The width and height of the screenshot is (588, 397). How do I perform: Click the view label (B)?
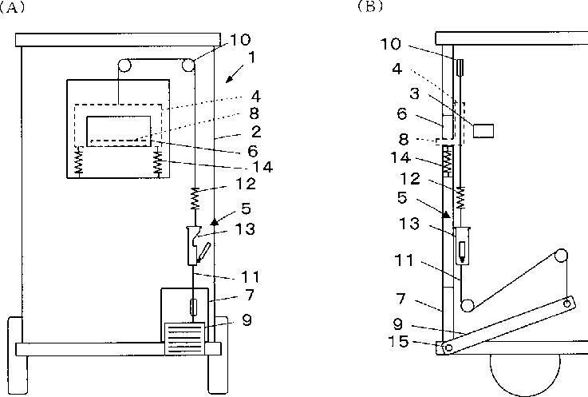point(369,6)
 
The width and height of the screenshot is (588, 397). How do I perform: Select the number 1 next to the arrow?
point(252,58)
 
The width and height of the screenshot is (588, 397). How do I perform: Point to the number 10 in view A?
point(239,38)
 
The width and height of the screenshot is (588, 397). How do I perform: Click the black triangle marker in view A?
point(215,218)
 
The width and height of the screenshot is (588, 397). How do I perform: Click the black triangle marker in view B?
point(446,212)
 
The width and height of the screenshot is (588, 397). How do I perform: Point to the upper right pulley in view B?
point(561,257)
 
